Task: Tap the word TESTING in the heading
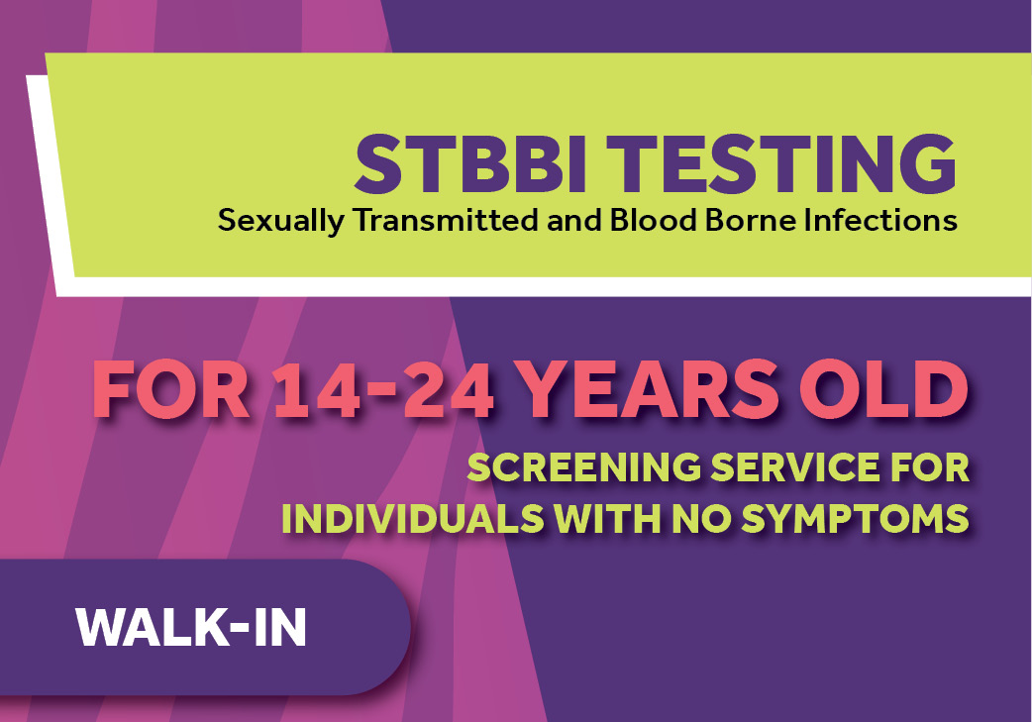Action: point(781,163)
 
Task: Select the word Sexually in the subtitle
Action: point(281,221)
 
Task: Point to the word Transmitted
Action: point(446,220)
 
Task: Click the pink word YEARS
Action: point(647,389)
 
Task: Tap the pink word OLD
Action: point(883,389)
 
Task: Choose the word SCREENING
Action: point(584,466)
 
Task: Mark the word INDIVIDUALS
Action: point(413,519)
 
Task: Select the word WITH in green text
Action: point(607,519)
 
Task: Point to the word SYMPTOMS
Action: point(855,519)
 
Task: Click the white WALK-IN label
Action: point(191,628)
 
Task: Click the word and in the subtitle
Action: point(573,221)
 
